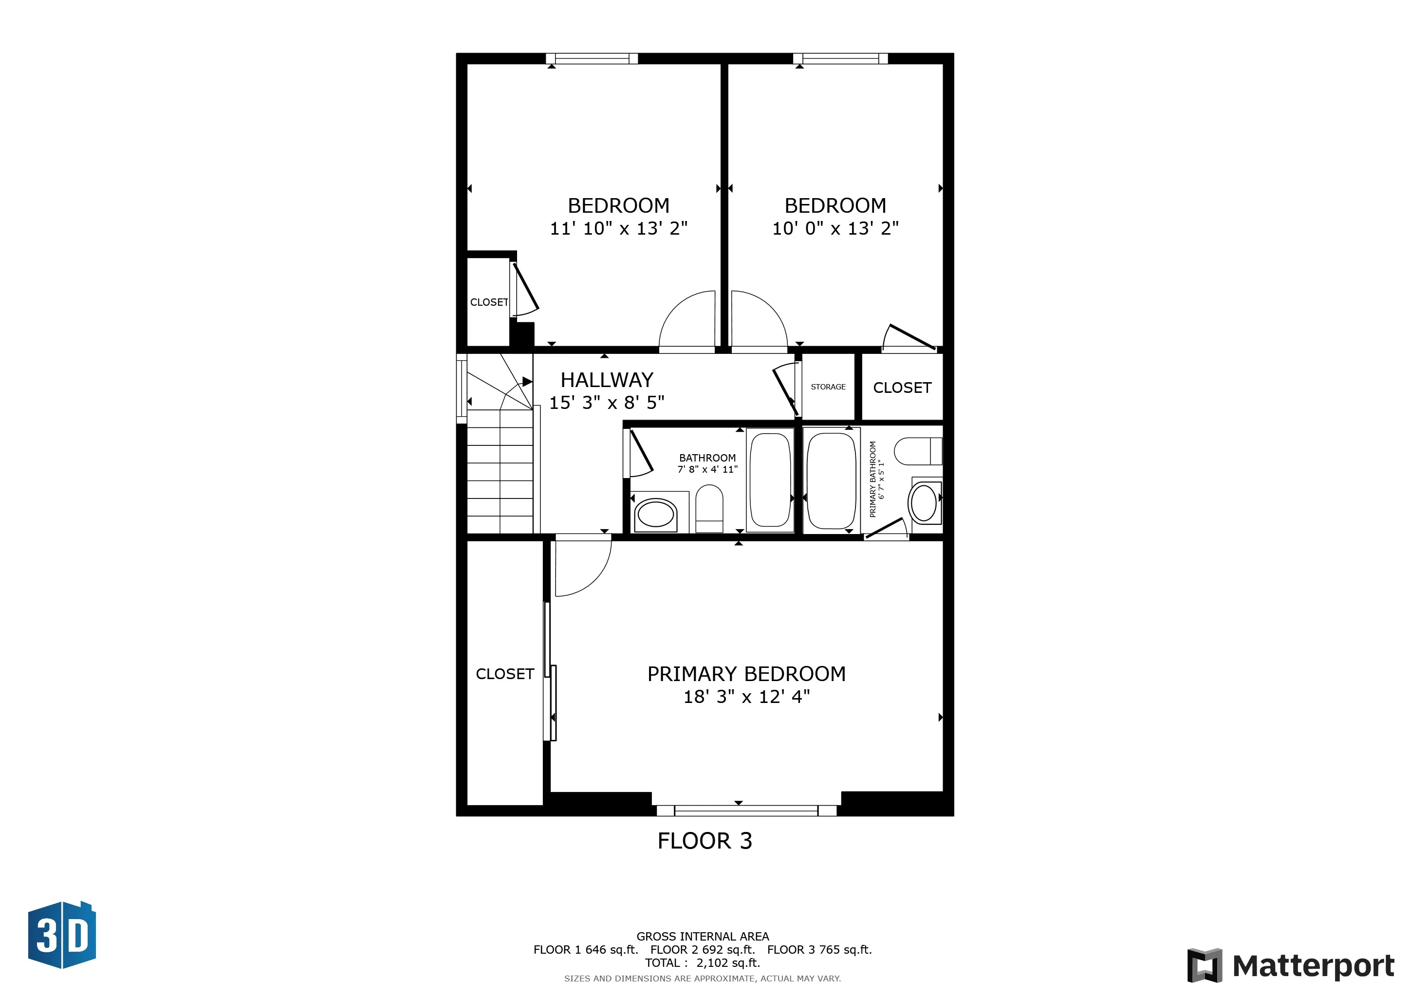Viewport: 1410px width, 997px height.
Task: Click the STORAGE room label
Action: pos(828,387)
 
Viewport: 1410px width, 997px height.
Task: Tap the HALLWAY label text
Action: pos(607,380)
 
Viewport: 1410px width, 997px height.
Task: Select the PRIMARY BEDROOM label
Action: pos(746,674)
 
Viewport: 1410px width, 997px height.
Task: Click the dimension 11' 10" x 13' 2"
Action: pos(618,228)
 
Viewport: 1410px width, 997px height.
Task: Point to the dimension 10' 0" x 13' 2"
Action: pos(835,228)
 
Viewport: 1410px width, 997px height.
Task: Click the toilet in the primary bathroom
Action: pos(916,451)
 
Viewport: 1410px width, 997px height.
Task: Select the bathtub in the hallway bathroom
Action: pos(770,480)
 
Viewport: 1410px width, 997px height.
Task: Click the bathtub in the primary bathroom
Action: pos(830,480)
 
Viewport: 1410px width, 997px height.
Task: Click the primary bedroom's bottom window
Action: pos(746,811)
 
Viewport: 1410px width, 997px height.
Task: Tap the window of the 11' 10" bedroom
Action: pos(592,59)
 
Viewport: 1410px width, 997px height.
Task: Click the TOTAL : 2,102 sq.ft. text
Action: pos(703,962)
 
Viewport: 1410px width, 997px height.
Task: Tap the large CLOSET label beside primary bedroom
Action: pos(505,674)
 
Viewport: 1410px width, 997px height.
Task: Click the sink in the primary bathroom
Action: pos(924,503)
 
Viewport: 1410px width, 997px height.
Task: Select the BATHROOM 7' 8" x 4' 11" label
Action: pos(707,463)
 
